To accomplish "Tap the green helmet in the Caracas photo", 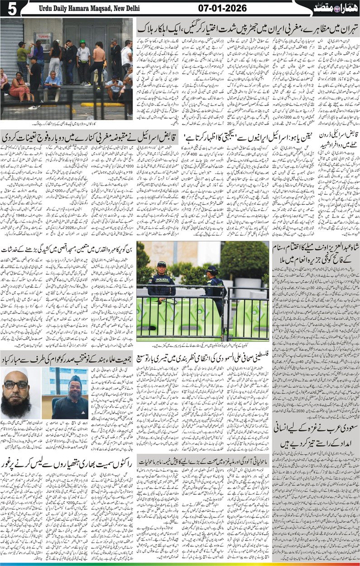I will coord(83,43).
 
